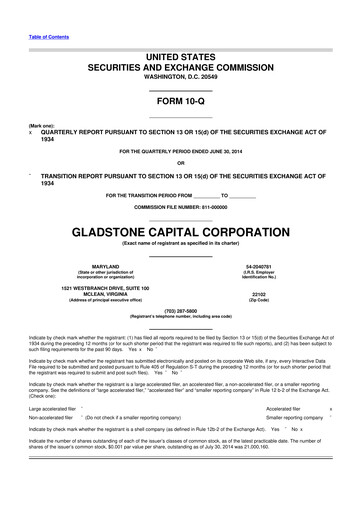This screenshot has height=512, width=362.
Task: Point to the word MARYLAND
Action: click(x=91, y=265)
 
